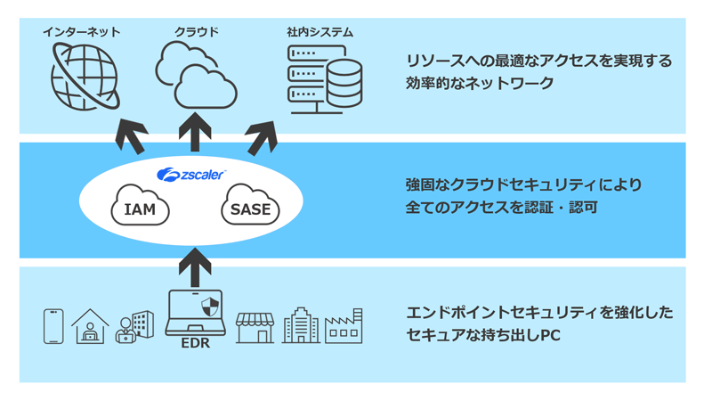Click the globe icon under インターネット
click(84, 77)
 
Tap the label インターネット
click(82, 32)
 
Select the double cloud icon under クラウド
click(196, 76)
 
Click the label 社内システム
click(320, 32)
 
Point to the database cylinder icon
click(344, 85)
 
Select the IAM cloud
click(140, 209)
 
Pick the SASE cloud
click(250, 209)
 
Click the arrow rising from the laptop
click(196, 266)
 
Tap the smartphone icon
click(54, 326)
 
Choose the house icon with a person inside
click(90, 327)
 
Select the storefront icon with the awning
click(255, 327)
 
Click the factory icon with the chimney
click(344, 327)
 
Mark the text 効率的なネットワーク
click(480, 84)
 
